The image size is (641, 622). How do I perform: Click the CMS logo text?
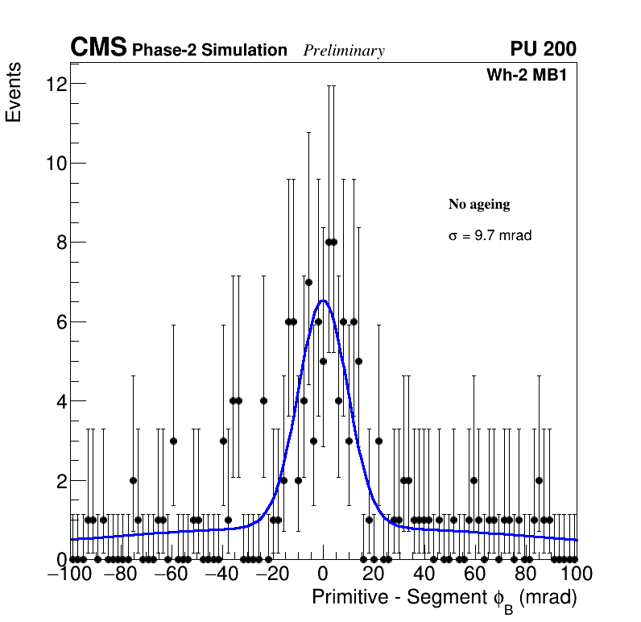click(x=98, y=48)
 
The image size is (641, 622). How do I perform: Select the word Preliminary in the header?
click(x=344, y=52)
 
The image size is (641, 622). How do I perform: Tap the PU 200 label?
click(x=543, y=49)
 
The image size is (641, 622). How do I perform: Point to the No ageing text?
click(x=479, y=205)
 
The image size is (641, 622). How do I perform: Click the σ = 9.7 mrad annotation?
click(x=490, y=236)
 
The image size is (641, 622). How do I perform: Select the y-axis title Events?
click(x=14, y=93)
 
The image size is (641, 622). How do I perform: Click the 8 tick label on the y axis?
click(x=60, y=243)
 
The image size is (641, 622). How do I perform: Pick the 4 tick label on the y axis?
click(x=60, y=401)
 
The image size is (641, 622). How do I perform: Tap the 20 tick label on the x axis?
click(x=374, y=574)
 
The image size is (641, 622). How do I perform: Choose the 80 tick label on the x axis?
click(x=526, y=574)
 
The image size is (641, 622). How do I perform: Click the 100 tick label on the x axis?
click(x=576, y=574)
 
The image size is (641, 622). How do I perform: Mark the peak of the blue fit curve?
click(x=323, y=301)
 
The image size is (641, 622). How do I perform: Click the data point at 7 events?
click(x=308, y=283)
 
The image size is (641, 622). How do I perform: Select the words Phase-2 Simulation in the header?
click(x=209, y=51)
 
